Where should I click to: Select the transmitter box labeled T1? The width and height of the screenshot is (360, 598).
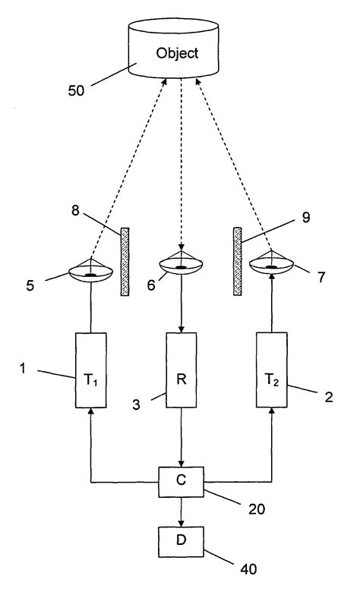(90, 370)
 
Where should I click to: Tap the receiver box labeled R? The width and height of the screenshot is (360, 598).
(181, 370)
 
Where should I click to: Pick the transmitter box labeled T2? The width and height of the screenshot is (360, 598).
(271, 370)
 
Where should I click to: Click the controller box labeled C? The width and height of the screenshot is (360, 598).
(181, 482)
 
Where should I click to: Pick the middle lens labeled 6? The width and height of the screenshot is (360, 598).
(181, 265)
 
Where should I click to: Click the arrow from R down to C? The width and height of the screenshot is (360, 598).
(181, 437)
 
